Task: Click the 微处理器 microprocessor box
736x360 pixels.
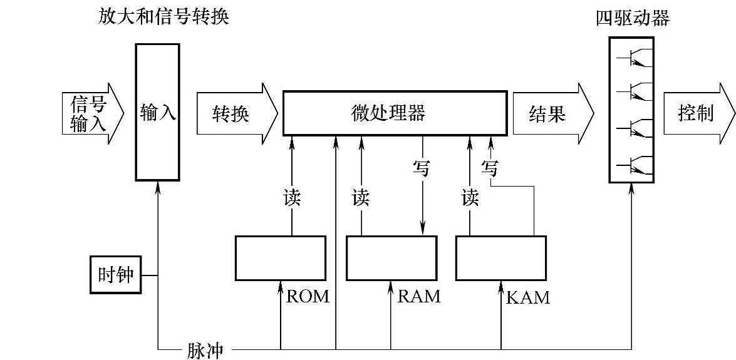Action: (x=395, y=113)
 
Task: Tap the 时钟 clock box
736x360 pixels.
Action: (x=115, y=274)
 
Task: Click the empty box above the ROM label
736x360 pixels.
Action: (x=280, y=258)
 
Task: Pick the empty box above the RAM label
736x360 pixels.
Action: (x=391, y=258)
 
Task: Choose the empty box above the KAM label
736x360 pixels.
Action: (x=500, y=258)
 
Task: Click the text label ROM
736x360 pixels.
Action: (x=307, y=296)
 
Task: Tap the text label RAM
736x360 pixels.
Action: (x=418, y=296)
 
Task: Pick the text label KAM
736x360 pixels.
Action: (x=527, y=297)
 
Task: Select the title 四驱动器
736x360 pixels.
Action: (x=633, y=18)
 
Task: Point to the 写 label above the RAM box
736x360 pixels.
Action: (x=421, y=168)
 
